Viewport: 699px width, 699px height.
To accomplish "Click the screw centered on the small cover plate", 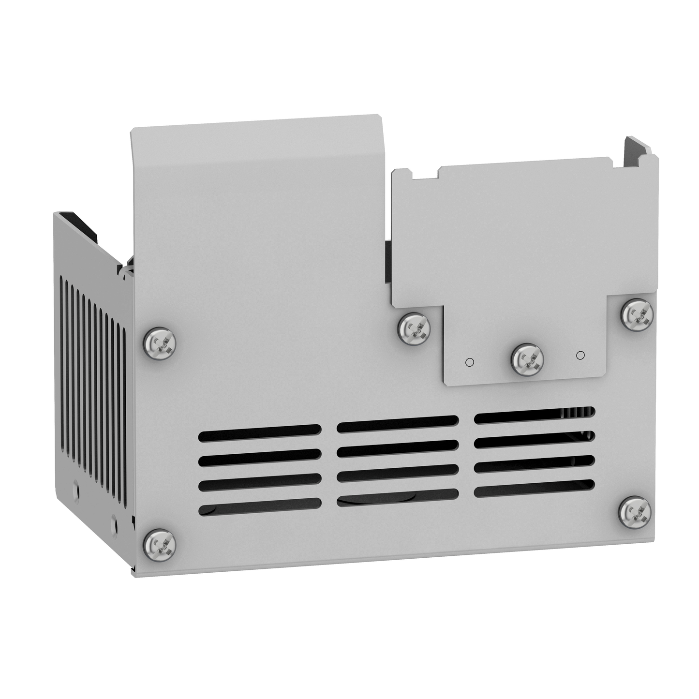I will click(x=527, y=359).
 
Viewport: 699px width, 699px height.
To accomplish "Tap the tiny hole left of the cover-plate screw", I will click(x=468, y=362).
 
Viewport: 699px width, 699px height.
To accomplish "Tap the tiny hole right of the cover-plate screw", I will click(x=580, y=355).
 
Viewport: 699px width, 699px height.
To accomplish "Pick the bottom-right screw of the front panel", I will click(x=635, y=511).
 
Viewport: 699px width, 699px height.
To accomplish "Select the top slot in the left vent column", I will click(x=260, y=433).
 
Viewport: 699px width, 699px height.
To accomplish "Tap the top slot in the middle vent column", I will click(x=398, y=424).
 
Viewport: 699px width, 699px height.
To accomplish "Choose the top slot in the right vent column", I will click(x=535, y=416).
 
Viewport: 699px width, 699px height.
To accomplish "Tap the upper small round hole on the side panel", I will click(x=76, y=484).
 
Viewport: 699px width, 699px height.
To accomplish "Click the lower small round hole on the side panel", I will click(x=114, y=524).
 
